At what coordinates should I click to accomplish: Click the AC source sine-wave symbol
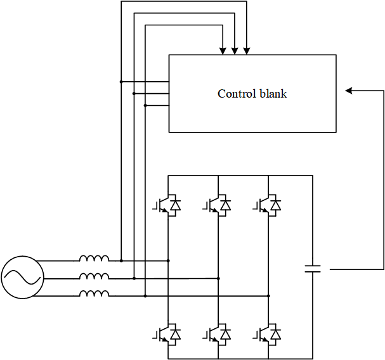click(22, 277)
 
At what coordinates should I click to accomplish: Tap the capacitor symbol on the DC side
click(313, 269)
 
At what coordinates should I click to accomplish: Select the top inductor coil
click(94, 259)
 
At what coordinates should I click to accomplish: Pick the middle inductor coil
click(94, 276)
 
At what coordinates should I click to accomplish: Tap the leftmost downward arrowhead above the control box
click(223, 50)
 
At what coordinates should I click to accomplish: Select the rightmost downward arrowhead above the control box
click(247, 50)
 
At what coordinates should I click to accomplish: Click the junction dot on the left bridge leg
click(168, 260)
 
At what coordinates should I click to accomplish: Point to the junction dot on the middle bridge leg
click(218, 278)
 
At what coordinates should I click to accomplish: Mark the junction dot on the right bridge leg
click(268, 295)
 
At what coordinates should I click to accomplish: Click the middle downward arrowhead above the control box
click(235, 50)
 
